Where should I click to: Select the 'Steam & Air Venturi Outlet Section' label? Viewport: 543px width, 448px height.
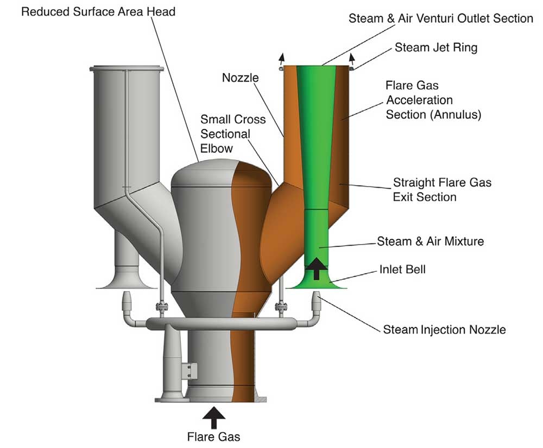pos(440,18)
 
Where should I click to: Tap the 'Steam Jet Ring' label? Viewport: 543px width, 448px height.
pos(436,48)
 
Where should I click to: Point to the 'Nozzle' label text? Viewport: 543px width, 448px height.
pos(241,78)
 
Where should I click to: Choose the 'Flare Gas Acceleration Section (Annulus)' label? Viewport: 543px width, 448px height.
pos(433,100)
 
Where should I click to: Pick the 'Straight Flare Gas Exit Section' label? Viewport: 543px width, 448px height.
pos(442,189)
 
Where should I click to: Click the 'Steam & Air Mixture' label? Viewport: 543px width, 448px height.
pos(430,241)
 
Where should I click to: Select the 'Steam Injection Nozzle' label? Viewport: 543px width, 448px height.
pos(444,329)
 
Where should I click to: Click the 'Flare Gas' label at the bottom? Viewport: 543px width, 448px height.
pos(214,436)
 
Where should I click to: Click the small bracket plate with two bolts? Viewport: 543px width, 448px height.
pos(189,372)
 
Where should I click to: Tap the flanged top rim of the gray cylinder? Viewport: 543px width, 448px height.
pos(127,68)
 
